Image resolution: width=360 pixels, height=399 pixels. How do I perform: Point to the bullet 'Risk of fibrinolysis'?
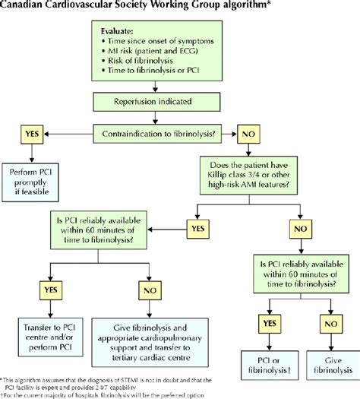tap(145, 66)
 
